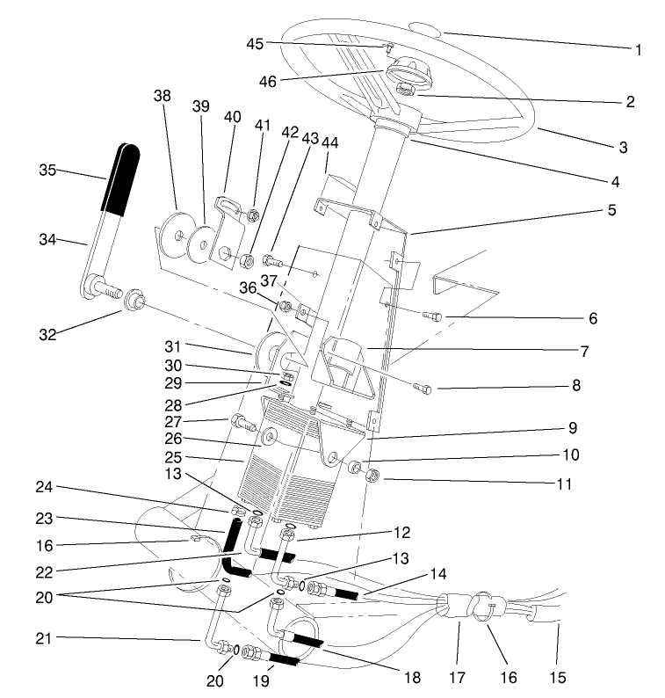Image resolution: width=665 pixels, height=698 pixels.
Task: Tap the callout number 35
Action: click(49, 169)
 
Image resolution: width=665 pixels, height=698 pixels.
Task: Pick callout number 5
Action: click(611, 211)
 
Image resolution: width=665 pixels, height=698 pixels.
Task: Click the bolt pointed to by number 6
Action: click(431, 315)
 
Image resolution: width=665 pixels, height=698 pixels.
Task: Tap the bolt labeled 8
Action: click(422, 387)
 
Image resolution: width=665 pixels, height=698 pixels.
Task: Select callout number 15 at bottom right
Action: click(557, 678)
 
